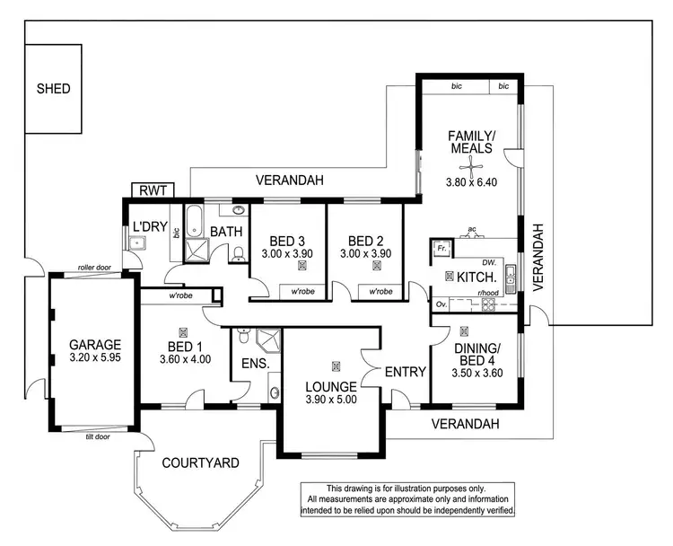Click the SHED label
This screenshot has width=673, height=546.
[53, 89]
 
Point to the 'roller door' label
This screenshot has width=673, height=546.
[92, 267]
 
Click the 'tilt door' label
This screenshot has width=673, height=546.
[97, 436]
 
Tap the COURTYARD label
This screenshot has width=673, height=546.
[200, 463]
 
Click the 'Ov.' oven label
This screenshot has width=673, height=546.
[441, 304]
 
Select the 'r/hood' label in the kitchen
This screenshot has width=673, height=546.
[488, 293]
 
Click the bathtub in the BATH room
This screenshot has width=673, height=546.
[194, 219]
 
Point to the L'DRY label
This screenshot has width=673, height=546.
[148, 225]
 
